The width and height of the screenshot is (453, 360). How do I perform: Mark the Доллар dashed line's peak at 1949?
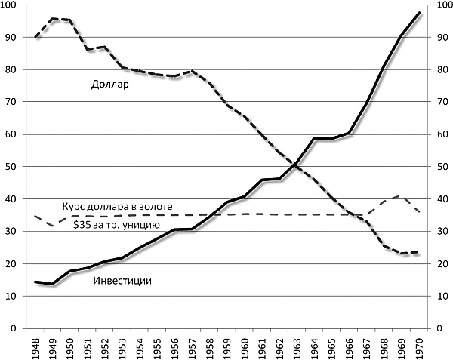pyautogui.click(x=53, y=19)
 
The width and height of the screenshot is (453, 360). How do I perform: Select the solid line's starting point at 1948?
pyautogui.click(x=35, y=282)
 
